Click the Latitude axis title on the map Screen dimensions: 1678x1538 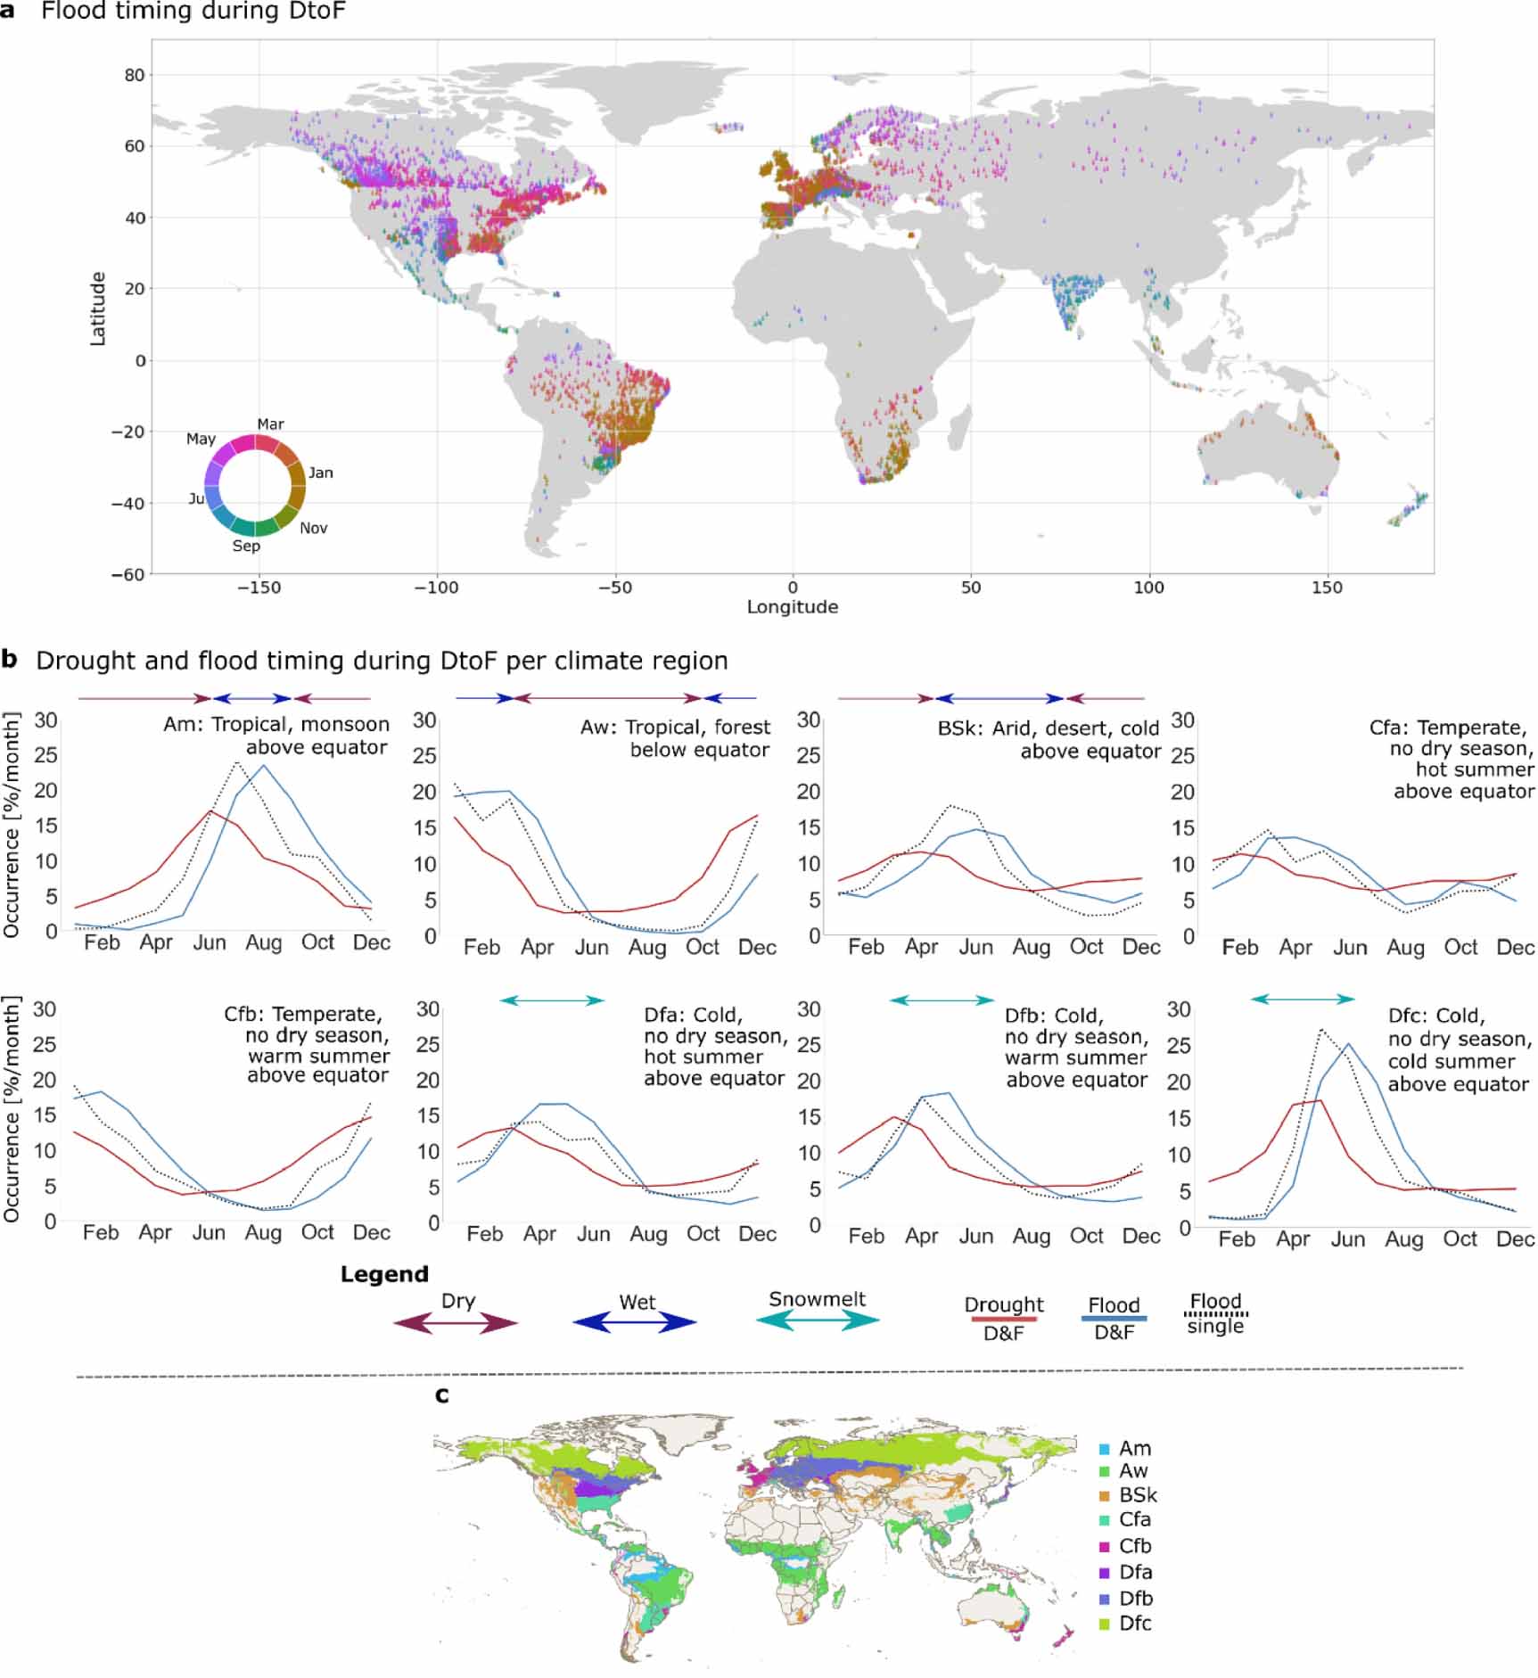[x=97, y=308]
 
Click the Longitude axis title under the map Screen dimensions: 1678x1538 [x=792, y=607]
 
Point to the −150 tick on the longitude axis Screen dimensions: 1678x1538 [x=259, y=588]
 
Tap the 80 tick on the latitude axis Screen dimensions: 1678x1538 [x=134, y=75]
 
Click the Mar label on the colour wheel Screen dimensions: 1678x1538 [x=270, y=424]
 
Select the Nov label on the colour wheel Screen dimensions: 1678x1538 [x=313, y=528]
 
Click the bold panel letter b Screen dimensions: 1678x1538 [x=10, y=660]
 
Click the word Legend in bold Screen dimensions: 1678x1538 [x=384, y=1274]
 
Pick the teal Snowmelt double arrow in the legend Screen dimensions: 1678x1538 [x=817, y=1321]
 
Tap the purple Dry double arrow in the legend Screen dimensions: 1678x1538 [x=456, y=1324]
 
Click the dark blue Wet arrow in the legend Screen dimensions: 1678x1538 [x=634, y=1323]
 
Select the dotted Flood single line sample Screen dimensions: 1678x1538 [x=1215, y=1313]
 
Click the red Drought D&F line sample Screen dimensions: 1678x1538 [x=1003, y=1318]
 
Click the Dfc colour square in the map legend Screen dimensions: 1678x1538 [x=1105, y=1625]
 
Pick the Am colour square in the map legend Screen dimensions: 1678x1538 [x=1105, y=1450]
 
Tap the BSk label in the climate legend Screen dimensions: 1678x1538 [x=1138, y=1495]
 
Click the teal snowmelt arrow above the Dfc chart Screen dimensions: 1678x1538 [x=1303, y=999]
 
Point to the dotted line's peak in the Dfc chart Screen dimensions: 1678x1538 [x=1320, y=1030]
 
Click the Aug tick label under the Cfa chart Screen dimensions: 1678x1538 [x=1404, y=947]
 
